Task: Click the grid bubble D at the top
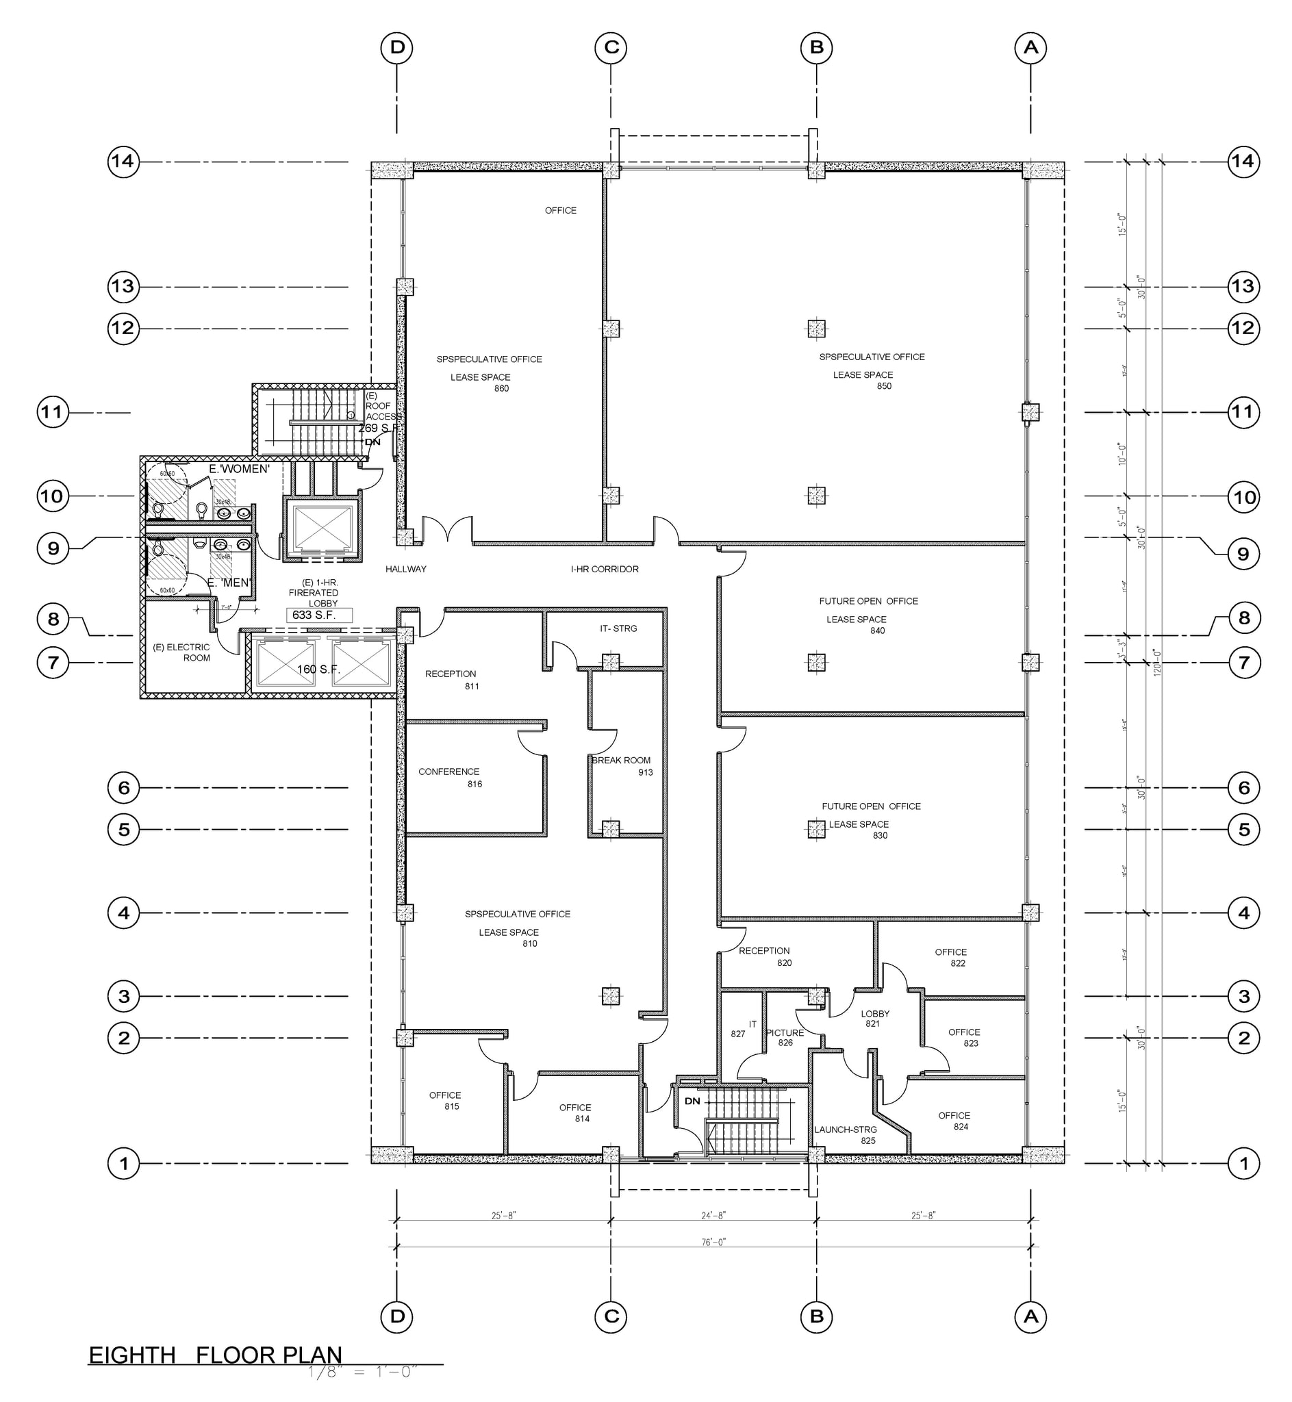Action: [x=396, y=47]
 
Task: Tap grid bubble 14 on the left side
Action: [x=123, y=162]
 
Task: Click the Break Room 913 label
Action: [x=622, y=765]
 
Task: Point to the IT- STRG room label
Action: [x=618, y=628]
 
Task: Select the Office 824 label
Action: [x=954, y=1121]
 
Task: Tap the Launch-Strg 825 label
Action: [x=846, y=1134]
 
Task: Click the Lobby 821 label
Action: [x=874, y=1019]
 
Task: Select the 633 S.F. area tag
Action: [x=314, y=615]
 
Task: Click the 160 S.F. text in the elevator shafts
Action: [x=318, y=670]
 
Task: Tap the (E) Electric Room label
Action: [x=181, y=652]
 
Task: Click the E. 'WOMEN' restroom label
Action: [x=238, y=469]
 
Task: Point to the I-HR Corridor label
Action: [x=604, y=569]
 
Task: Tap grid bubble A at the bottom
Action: [x=1030, y=1316]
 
